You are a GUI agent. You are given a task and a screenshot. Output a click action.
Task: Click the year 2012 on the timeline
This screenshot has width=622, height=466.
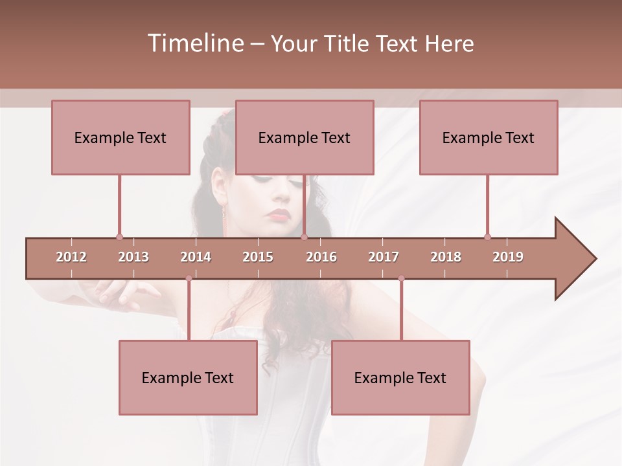[71, 257]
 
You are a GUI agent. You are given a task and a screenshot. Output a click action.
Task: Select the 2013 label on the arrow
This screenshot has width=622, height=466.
[133, 257]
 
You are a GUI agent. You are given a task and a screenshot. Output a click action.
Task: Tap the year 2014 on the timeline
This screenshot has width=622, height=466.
[196, 257]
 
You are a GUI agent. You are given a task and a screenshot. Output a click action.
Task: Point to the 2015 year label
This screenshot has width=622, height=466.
[258, 257]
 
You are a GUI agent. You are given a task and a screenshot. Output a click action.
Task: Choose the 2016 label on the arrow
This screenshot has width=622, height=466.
[321, 257]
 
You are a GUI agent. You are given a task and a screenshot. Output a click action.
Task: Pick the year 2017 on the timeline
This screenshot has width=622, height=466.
[384, 257]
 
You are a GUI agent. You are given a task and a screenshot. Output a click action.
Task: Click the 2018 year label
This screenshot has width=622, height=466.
[446, 257]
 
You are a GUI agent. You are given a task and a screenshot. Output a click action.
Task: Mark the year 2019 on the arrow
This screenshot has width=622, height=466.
[508, 257]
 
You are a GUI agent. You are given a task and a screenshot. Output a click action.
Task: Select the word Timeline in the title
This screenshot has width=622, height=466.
[194, 43]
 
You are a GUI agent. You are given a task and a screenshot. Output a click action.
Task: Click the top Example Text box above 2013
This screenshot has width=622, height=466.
[121, 137]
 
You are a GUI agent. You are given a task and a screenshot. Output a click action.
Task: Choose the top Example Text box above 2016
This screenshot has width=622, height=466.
[305, 137]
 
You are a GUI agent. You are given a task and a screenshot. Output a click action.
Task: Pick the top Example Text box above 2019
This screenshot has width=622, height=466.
[489, 137]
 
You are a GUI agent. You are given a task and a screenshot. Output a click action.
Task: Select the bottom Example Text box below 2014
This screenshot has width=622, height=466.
[188, 377]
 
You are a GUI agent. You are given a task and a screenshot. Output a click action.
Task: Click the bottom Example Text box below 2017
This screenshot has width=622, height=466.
[400, 377]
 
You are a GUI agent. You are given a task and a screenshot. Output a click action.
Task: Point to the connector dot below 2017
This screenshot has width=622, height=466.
[401, 278]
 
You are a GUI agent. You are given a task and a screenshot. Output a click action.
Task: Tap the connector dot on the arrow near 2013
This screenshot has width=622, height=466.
[119, 238]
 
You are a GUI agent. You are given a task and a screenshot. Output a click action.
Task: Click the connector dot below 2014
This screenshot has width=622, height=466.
[189, 278]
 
